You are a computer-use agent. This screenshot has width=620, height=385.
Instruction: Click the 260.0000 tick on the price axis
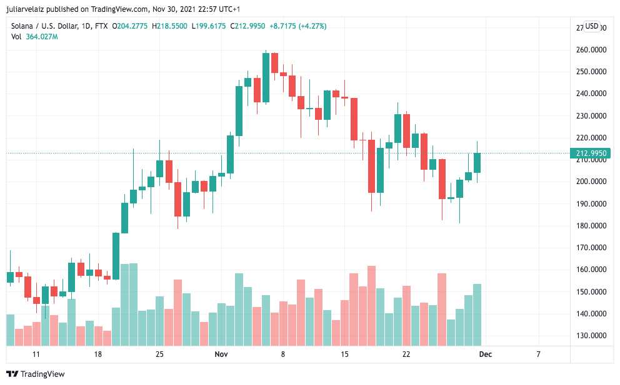point(591,50)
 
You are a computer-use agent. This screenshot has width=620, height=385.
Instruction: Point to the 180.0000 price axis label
point(591,226)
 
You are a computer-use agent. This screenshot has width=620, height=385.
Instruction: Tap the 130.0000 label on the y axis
point(591,336)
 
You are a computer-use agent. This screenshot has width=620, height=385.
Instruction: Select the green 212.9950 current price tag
point(589,153)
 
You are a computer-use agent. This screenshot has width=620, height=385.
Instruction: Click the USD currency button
point(591,26)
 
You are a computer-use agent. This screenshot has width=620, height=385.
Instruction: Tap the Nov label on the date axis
point(221,354)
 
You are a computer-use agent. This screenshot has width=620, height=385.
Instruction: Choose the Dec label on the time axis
point(485,354)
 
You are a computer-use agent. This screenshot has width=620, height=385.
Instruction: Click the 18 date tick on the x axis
point(98,354)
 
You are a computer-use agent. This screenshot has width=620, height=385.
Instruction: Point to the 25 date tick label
point(159,354)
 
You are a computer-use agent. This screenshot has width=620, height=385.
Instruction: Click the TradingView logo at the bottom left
point(36,374)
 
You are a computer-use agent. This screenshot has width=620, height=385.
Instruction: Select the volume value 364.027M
point(42,37)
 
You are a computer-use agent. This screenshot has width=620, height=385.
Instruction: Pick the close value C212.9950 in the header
point(247,26)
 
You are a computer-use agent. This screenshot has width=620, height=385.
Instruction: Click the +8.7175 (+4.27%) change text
point(298,26)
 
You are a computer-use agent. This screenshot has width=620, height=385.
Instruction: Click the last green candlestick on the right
point(477,162)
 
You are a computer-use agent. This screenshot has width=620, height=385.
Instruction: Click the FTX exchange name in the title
point(100,26)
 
